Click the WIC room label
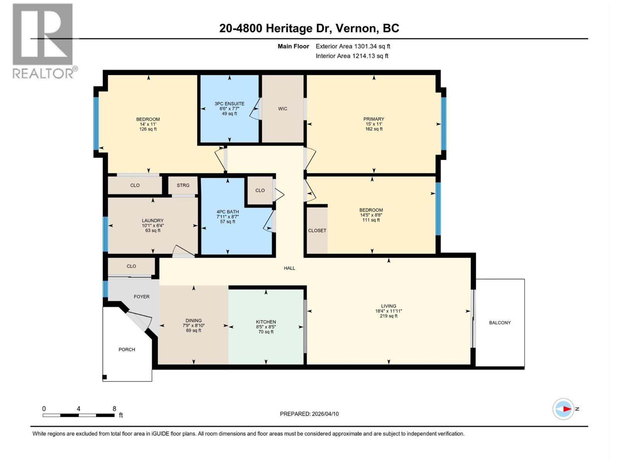pyautogui.click(x=282, y=109)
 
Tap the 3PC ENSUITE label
pyautogui.click(x=229, y=104)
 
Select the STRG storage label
pyautogui.click(x=183, y=185)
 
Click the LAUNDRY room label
pyautogui.click(x=152, y=220)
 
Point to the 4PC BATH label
pyautogui.click(x=227, y=212)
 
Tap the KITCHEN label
pyautogui.click(x=266, y=322)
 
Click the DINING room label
pyautogui.click(x=193, y=320)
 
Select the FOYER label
pyautogui.click(x=142, y=297)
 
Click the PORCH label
pyautogui.click(x=127, y=349)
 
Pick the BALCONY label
pyautogui.click(x=500, y=322)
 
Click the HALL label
pyautogui.click(x=289, y=268)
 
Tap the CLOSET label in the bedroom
pyautogui.click(x=317, y=230)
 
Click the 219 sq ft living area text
pyautogui.click(x=388, y=316)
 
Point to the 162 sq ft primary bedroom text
pyautogui.click(x=374, y=129)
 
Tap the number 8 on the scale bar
pyautogui.click(x=114, y=409)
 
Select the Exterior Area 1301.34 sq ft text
pyautogui.click(x=353, y=46)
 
